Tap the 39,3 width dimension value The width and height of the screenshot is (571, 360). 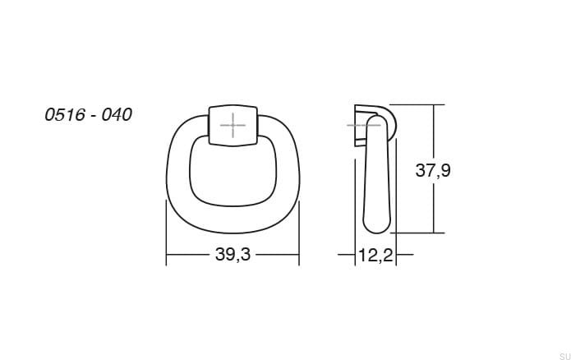click(233, 255)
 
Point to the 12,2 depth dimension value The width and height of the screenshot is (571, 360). click(375, 256)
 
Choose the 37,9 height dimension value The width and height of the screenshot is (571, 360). click(433, 171)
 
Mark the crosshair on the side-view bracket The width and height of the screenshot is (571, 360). click(360, 125)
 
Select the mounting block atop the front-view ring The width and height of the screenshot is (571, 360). click(233, 125)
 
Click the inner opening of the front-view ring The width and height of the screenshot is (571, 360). click(233, 169)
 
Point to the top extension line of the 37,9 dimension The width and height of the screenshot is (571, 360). click(419, 104)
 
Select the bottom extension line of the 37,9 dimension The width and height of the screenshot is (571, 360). click(419, 233)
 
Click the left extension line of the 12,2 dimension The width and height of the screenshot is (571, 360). click(354, 247)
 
